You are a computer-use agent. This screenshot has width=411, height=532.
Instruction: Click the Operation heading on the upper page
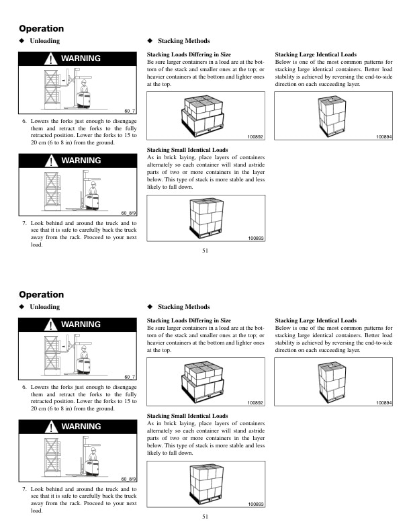pos(42,29)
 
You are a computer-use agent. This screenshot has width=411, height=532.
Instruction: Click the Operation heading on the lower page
pos(42,295)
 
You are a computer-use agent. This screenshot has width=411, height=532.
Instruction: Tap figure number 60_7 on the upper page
pos(130,110)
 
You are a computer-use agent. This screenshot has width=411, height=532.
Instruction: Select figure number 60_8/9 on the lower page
pos(128,478)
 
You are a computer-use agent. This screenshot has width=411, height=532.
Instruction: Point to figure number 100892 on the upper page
pos(256,136)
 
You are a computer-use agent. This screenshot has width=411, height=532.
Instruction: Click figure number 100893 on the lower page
pos(256,504)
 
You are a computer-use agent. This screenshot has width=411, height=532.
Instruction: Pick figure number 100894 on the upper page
pos(384,136)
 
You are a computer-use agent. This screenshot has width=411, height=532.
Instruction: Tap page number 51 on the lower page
pos(205,517)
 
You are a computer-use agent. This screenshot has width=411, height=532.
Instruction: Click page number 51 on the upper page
pos(205,251)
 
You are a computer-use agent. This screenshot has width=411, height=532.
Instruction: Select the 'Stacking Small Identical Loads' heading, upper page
pos(187,150)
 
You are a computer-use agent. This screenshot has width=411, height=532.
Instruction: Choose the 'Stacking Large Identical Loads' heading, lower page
pos(316,320)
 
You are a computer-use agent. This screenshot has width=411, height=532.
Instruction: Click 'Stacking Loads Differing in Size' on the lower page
pos(189,320)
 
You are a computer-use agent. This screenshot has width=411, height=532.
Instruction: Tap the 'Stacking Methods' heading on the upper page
pos(183,41)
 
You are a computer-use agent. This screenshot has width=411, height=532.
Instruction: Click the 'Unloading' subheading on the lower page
pos(45,307)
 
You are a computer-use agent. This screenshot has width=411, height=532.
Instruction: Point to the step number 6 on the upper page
pos(25,122)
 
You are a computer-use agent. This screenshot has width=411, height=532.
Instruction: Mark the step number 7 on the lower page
pos(25,488)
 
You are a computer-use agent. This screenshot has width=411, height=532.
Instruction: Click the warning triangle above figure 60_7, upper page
pos(52,59)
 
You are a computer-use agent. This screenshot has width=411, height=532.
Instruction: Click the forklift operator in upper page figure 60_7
pos(83,91)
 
